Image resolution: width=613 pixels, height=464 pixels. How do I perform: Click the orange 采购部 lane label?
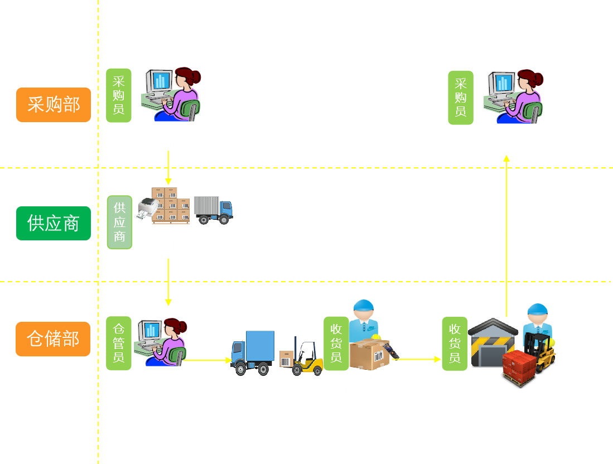[54, 104]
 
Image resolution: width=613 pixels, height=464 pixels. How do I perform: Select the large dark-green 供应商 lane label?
[54, 223]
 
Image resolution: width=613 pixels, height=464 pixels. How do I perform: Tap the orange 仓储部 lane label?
[53, 339]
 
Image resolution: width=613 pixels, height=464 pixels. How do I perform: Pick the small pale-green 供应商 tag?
[119, 222]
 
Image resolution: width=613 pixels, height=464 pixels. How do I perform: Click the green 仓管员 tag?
[119, 343]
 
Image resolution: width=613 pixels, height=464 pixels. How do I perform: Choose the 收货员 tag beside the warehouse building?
[455, 344]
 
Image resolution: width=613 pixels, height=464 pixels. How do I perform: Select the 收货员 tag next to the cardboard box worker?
[336, 343]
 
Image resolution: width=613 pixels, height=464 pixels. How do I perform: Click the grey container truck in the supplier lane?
[213, 210]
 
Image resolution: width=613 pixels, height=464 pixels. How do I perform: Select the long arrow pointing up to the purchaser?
[506, 234]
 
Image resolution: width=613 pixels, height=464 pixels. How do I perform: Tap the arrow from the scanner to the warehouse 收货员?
[418, 359]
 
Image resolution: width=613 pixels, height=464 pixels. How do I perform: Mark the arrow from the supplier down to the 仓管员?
[168, 282]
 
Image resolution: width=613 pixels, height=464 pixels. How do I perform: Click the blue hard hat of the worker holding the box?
[363, 305]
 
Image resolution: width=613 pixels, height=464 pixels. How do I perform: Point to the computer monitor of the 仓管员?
[149, 330]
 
